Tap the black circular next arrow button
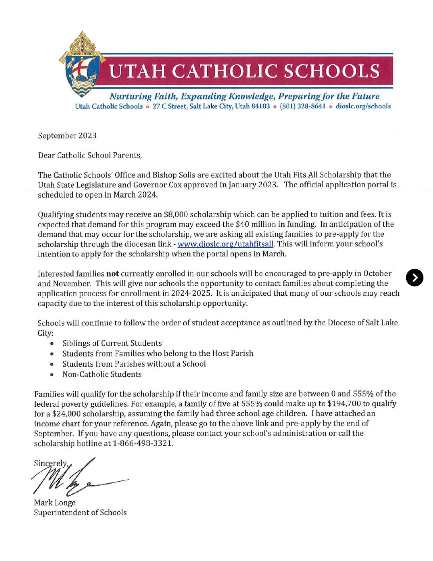click(x=414, y=278)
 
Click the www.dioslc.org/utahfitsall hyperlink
click(x=225, y=244)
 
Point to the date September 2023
click(x=67, y=135)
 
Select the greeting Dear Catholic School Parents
click(x=90, y=155)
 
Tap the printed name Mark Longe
click(x=55, y=502)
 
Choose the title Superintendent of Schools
click(x=80, y=513)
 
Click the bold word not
click(x=112, y=274)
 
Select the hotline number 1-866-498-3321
click(x=143, y=444)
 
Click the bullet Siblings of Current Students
click(x=112, y=343)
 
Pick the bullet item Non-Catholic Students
click(x=102, y=374)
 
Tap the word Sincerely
click(x=51, y=463)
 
